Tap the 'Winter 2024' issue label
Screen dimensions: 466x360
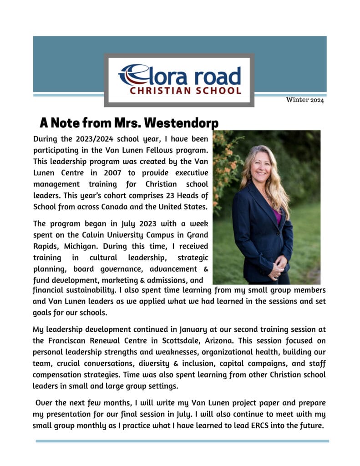point(305,100)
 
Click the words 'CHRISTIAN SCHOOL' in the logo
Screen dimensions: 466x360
point(185,91)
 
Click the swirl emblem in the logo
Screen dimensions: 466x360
point(132,75)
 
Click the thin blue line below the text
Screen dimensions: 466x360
point(182,441)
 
